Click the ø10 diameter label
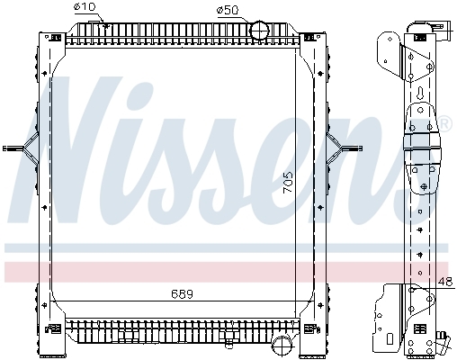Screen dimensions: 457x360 [85, 7]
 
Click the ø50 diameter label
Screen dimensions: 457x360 [228, 11]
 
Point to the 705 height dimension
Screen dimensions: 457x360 [287, 182]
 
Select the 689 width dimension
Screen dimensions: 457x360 [182, 294]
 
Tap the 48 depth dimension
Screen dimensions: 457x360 [445, 282]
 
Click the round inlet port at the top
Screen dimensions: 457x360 [260, 31]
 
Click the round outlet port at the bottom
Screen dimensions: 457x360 [282, 346]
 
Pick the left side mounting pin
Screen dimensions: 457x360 [13, 148]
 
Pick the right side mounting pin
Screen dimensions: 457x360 [351, 148]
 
